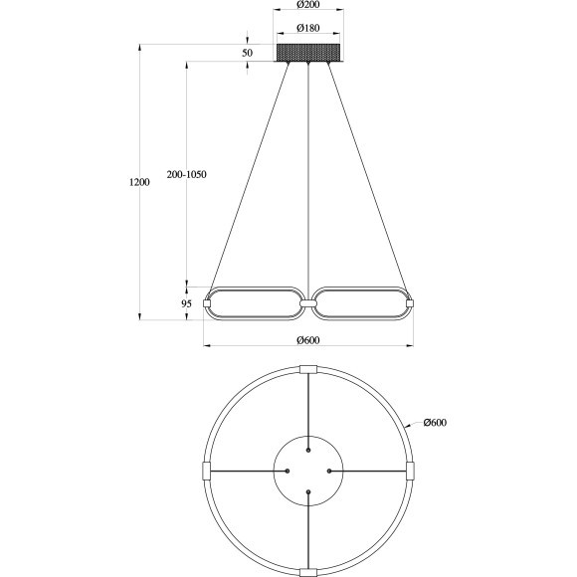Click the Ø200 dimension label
(x=308, y=8)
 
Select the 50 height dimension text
(x=247, y=52)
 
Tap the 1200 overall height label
(x=139, y=183)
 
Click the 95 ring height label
(x=186, y=304)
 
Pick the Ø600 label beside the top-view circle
(x=435, y=423)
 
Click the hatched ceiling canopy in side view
(x=308, y=51)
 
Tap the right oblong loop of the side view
(x=360, y=304)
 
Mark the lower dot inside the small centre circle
(x=308, y=492)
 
